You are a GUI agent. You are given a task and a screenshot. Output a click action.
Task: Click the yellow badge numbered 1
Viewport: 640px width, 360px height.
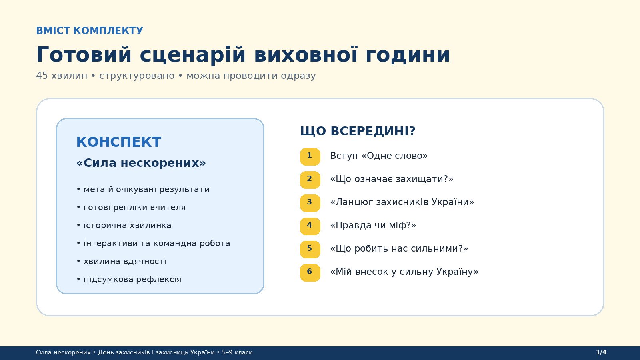(310, 156)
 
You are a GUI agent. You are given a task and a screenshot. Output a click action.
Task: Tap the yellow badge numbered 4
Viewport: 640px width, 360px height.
(310, 226)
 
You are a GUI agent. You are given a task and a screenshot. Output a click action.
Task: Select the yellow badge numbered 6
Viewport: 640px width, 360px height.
(310, 272)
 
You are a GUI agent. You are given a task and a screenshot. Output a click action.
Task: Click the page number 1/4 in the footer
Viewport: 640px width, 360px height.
(601, 352)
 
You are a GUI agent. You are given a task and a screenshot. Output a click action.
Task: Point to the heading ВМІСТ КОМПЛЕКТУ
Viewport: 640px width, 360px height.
(90, 30)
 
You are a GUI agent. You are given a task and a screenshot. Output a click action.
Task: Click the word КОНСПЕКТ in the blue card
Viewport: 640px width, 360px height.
(118, 142)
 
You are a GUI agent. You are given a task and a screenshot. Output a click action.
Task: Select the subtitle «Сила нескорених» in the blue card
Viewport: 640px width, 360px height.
(141, 163)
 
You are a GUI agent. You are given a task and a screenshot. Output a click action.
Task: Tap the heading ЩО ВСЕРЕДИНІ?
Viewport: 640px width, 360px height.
(358, 131)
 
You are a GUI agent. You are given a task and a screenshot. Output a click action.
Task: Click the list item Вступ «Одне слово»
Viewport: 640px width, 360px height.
(379, 156)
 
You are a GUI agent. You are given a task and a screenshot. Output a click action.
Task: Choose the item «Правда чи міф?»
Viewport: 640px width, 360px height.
(373, 226)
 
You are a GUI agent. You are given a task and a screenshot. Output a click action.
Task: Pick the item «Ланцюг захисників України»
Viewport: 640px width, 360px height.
(402, 202)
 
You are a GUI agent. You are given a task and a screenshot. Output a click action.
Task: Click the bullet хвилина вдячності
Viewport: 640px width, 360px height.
(122, 262)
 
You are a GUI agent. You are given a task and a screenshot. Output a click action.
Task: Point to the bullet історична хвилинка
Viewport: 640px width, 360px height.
(124, 226)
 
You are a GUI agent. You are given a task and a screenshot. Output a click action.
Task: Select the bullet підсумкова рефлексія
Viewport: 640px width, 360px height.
(129, 280)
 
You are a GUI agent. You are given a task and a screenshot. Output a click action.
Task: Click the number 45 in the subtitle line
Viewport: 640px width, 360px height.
(42, 76)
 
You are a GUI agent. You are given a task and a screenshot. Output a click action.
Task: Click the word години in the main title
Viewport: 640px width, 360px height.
(408, 55)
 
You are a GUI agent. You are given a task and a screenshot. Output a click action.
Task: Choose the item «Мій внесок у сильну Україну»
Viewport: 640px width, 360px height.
(404, 272)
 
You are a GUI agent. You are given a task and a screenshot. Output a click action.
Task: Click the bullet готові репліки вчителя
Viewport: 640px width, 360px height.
(131, 208)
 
